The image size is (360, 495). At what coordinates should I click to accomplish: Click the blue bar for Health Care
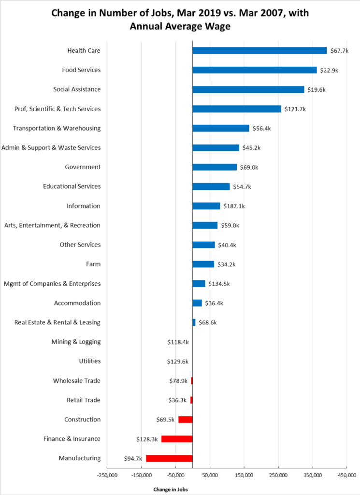point(259,51)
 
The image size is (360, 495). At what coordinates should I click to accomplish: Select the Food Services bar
point(255,70)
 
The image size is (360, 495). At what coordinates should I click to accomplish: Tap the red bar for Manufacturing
point(169,458)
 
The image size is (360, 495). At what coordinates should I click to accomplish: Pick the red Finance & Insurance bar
point(177,439)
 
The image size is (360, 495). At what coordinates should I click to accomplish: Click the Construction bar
point(186,420)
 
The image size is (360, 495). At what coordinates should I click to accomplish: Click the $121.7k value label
point(295,109)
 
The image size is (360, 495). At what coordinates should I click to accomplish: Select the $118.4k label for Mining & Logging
point(177,342)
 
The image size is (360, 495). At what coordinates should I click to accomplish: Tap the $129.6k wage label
point(177,361)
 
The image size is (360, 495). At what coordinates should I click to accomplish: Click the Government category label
point(83,167)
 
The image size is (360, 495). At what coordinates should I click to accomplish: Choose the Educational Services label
point(72,187)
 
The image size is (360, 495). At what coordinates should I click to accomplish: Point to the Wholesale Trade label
point(77,381)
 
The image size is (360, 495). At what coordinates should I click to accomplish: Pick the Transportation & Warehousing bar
point(221,128)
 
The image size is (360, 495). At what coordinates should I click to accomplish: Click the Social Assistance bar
point(248,89)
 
